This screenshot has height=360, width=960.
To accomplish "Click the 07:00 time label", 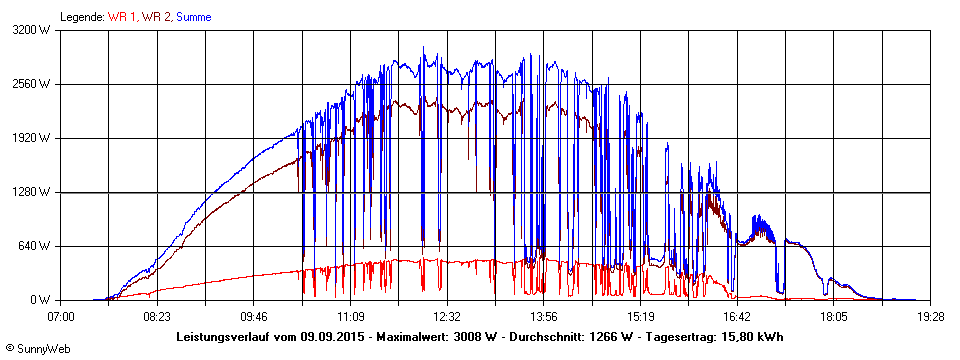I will click(x=61, y=316).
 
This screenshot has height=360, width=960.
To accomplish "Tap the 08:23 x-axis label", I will click(x=157, y=316).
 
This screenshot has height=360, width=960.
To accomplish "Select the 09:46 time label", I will click(x=254, y=316).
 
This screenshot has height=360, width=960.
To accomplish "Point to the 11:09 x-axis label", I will click(x=351, y=316).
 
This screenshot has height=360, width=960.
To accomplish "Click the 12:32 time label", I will click(x=447, y=316).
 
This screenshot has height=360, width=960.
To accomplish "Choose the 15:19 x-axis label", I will click(x=641, y=316).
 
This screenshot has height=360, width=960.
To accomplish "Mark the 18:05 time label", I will click(x=834, y=316).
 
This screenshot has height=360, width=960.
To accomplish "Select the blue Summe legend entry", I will click(x=194, y=16).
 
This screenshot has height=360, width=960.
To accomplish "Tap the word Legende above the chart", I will click(x=81, y=16).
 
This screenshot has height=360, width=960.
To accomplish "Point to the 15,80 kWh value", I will click(x=753, y=336).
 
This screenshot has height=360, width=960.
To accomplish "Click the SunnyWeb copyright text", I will click(x=37, y=351).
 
